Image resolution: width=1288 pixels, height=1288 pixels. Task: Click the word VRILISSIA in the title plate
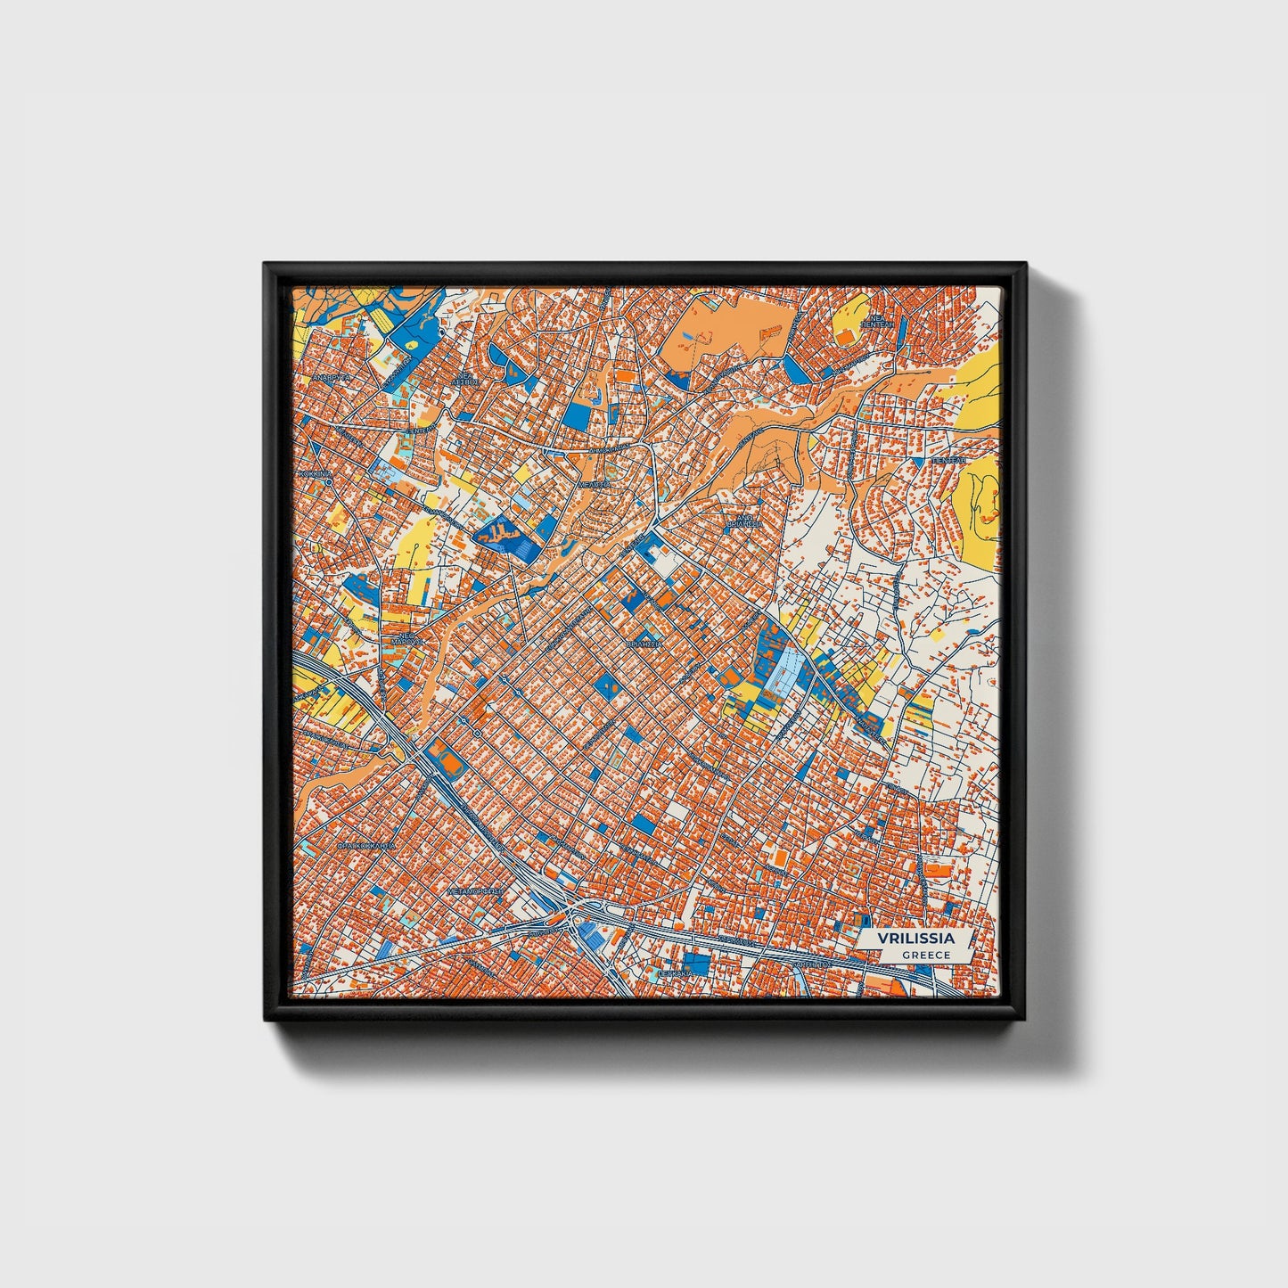point(915,939)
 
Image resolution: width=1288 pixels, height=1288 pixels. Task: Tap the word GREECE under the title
point(925,955)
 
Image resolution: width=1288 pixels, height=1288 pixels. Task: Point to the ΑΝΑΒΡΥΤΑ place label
point(331,378)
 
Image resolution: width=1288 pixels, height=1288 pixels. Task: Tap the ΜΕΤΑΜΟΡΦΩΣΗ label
point(474,890)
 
